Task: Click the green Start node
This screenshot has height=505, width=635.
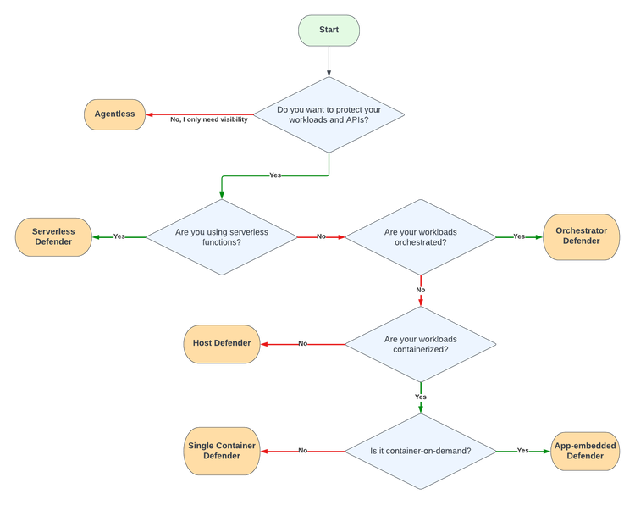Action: point(329,31)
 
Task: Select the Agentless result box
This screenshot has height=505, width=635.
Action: point(114,114)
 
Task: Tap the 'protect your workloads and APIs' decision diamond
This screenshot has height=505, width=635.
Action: point(329,114)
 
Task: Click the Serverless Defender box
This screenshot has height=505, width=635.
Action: point(52,236)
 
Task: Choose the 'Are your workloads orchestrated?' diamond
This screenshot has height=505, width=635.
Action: point(420,236)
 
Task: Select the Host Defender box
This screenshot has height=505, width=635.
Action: point(221,343)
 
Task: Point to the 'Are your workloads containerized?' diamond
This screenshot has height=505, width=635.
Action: point(421,344)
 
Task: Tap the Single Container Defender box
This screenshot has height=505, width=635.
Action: point(221,451)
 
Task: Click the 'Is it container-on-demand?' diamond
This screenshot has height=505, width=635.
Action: point(421,451)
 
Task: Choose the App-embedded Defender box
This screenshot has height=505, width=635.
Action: point(584,451)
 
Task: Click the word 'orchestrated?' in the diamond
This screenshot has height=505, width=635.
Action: point(420,242)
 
